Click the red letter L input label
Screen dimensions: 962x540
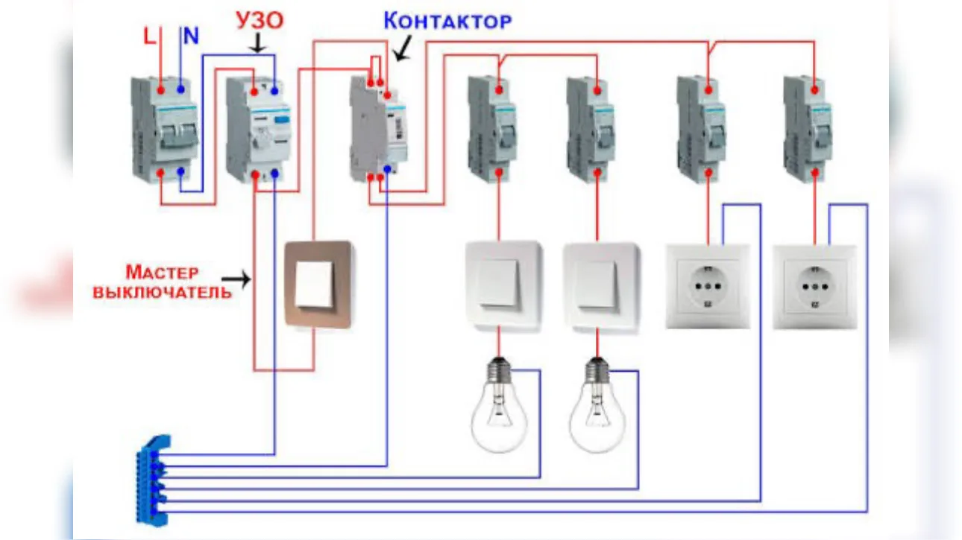(x=149, y=36)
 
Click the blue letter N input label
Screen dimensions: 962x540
(x=191, y=36)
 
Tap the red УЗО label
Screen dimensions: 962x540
(x=260, y=20)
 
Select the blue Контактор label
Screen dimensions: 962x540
(x=447, y=21)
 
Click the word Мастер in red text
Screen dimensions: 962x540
(x=162, y=273)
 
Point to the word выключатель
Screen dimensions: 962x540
(x=163, y=293)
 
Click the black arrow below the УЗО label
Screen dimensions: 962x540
(x=258, y=43)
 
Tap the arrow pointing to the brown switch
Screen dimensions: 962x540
(x=236, y=279)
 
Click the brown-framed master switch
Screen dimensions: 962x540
(x=318, y=285)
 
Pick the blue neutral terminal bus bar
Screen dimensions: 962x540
(x=153, y=480)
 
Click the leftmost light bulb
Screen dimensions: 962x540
(x=499, y=405)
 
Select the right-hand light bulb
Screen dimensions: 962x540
(x=597, y=405)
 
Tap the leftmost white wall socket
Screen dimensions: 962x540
(x=708, y=287)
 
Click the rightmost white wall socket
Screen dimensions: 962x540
(x=814, y=287)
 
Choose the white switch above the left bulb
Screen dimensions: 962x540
(x=503, y=286)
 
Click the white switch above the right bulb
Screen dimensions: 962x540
(x=601, y=287)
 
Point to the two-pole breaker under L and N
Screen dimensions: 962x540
(x=165, y=130)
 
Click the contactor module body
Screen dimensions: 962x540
(x=378, y=129)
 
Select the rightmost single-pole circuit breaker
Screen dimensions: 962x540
(x=808, y=130)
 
